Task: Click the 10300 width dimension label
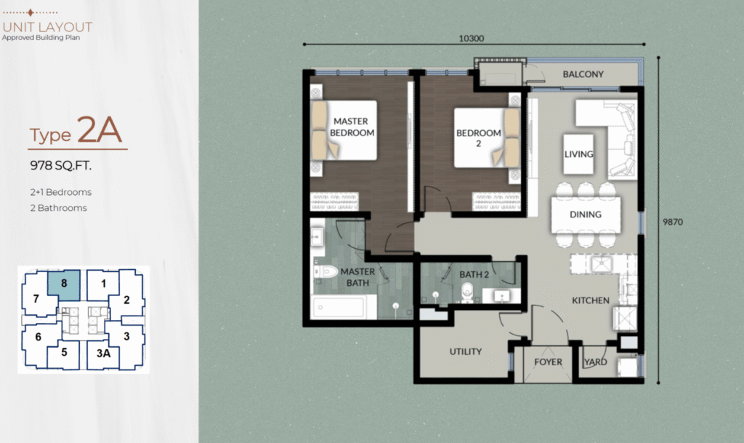471,39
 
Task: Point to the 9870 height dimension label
673,222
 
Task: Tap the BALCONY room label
583,74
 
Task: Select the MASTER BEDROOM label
352,127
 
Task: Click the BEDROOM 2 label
478,137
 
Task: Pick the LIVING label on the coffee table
578,153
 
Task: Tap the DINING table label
586,215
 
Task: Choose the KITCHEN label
590,300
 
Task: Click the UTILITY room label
466,351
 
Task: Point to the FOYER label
548,362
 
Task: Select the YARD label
596,362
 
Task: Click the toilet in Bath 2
467,292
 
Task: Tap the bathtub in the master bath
339,307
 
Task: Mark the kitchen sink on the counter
602,263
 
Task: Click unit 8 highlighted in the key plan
64,285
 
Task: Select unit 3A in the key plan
103,354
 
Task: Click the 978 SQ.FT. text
61,166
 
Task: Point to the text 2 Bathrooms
59,208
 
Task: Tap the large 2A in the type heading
100,129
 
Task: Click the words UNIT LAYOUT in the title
47,27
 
